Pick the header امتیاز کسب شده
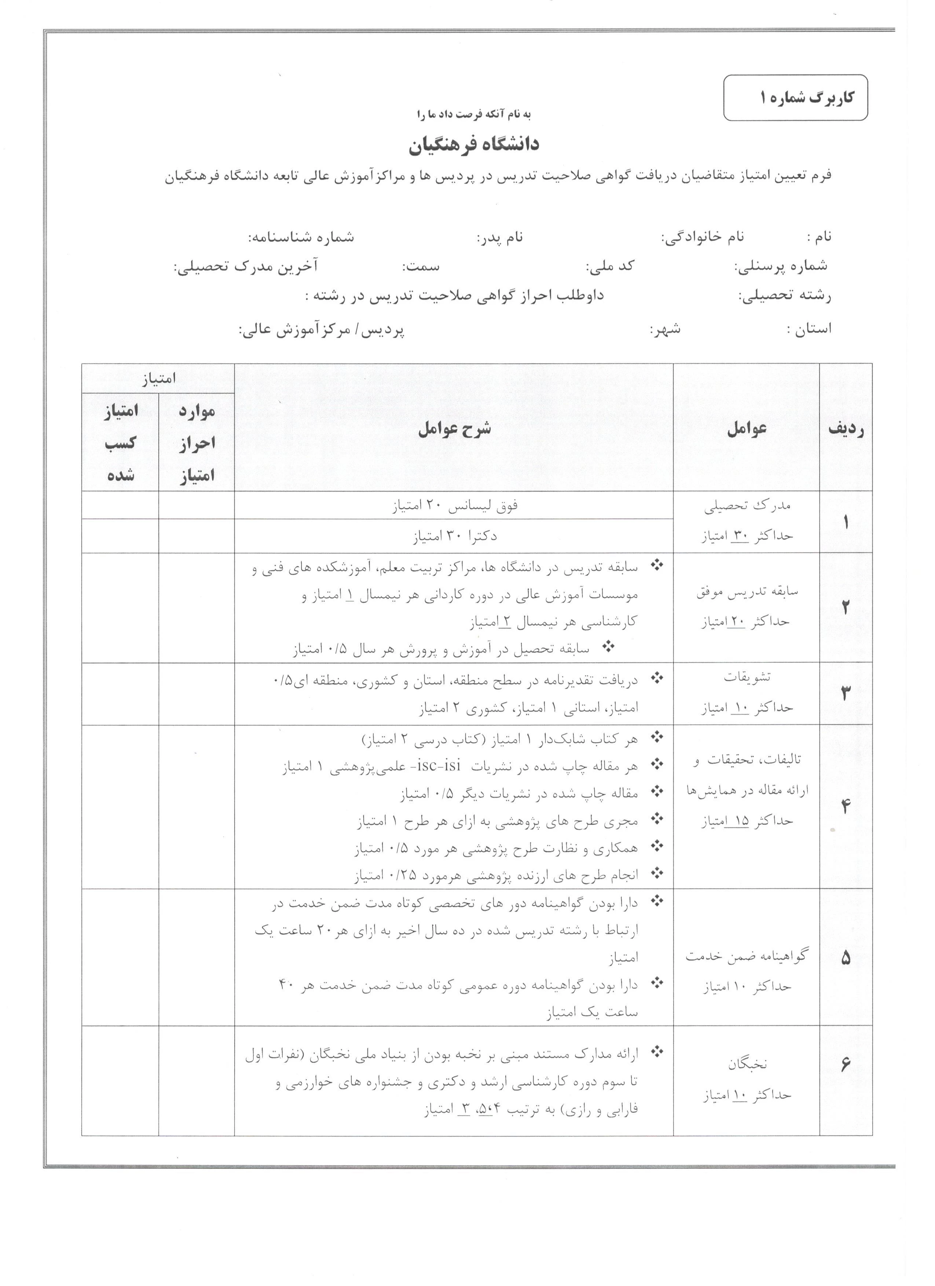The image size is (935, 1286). (x=120, y=443)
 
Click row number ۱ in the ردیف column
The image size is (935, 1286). (x=846, y=522)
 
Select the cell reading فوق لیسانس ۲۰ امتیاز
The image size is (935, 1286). (x=455, y=506)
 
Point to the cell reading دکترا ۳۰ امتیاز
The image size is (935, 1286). (x=455, y=536)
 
